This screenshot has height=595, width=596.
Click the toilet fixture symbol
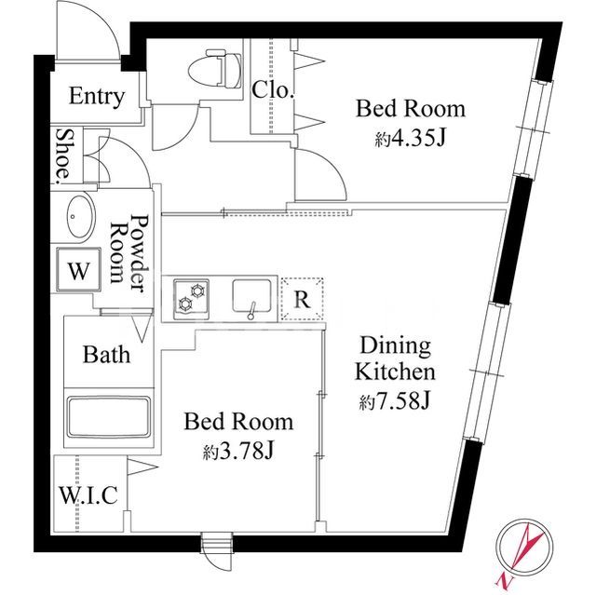(215, 68)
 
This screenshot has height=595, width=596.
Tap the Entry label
(97, 97)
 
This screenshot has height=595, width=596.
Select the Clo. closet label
(273, 90)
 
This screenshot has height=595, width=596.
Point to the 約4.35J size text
(410, 139)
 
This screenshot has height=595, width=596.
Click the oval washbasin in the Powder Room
(79, 217)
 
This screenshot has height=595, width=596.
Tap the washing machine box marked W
(78, 270)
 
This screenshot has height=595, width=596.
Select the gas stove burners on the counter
(191, 299)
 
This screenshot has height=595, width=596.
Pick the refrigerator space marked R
(302, 300)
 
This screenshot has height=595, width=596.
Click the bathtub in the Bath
(108, 417)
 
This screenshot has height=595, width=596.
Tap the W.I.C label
(89, 495)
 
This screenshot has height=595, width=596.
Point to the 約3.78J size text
(238, 452)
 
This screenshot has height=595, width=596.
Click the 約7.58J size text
(395, 400)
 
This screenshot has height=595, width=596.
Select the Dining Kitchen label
(395, 359)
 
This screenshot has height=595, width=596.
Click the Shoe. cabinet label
(63, 154)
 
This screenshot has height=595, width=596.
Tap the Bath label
(106, 355)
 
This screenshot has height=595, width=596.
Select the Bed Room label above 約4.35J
(411, 109)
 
